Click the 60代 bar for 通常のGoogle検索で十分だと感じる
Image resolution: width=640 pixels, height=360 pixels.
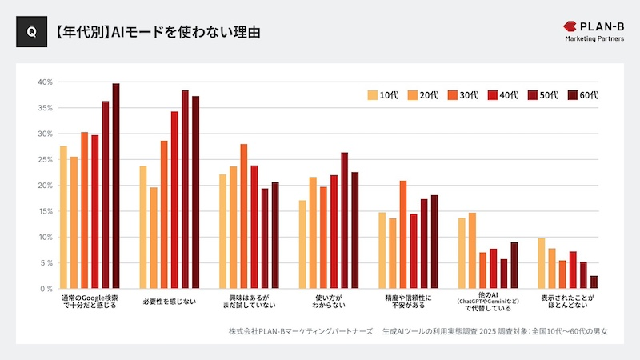116,186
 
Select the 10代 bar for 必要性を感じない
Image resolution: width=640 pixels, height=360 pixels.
143,227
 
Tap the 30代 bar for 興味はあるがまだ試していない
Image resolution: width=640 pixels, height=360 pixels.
244,216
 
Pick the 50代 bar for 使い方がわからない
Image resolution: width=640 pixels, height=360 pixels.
345,220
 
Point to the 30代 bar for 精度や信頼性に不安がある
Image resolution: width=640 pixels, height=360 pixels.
403,234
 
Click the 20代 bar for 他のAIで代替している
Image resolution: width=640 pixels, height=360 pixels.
472,250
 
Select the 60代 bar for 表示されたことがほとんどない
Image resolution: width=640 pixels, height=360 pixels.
594,282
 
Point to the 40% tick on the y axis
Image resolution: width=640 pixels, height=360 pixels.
45,82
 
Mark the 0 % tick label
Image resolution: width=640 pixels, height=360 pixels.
45,289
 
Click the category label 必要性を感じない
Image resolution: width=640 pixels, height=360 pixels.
169,302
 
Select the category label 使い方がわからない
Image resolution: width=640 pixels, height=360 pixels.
328,302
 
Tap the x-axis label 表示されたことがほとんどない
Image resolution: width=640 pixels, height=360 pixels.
567,302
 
